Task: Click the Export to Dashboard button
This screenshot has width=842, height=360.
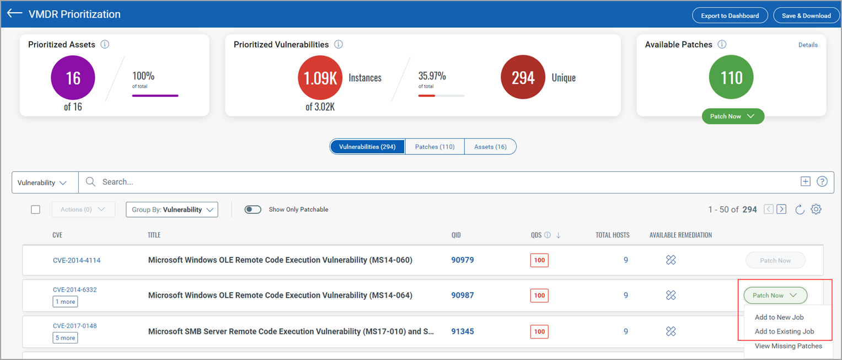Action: [730, 15]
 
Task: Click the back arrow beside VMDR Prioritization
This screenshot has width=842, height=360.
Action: [14, 14]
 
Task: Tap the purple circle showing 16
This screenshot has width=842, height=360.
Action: [73, 78]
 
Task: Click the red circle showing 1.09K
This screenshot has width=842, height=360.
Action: [320, 78]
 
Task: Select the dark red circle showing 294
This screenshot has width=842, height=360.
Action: [523, 78]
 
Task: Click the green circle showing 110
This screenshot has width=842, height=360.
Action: [731, 78]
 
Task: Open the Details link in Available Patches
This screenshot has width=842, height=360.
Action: [808, 45]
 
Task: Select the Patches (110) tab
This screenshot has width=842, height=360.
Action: [435, 147]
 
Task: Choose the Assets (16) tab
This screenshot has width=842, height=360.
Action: [490, 147]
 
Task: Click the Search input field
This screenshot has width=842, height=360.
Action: [441, 182]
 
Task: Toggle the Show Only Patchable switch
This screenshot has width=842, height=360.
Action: [253, 209]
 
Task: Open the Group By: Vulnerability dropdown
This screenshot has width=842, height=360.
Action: [172, 209]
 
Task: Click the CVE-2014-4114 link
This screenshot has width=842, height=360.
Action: [77, 260]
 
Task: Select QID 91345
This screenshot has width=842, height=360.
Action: [462, 332]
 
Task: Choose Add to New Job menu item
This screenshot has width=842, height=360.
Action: [779, 317]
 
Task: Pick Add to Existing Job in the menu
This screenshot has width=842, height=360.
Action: [784, 331]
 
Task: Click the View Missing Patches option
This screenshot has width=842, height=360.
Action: [788, 346]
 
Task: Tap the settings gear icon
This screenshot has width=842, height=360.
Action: [816, 209]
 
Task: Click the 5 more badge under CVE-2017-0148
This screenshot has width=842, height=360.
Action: [65, 338]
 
